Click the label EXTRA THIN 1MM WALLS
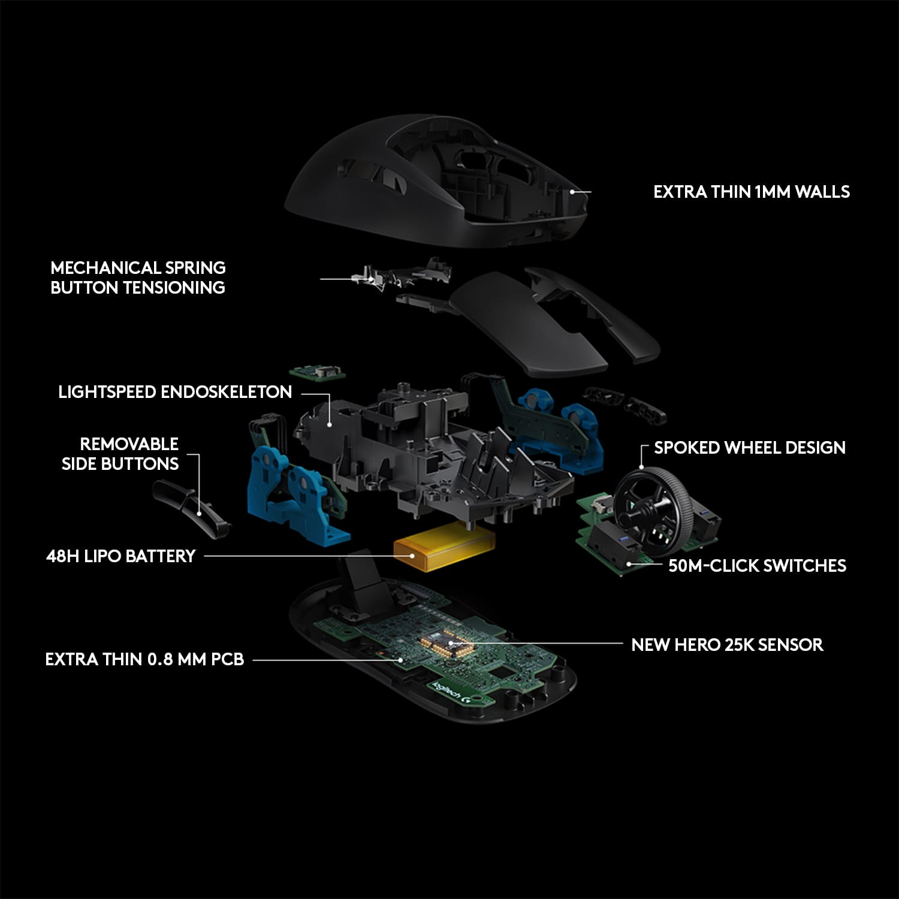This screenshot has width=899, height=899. pyautogui.click(x=751, y=192)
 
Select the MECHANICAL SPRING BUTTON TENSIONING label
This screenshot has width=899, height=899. pyautogui.click(x=138, y=277)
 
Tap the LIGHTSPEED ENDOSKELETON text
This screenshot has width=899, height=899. pyautogui.click(x=175, y=392)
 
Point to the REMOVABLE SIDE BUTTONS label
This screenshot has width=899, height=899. pyautogui.click(x=120, y=454)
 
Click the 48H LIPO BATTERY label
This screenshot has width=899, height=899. pyautogui.click(x=121, y=556)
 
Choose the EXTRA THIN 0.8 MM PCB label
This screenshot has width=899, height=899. pyautogui.click(x=144, y=659)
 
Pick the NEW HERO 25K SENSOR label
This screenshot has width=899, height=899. pyautogui.click(x=727, y=645)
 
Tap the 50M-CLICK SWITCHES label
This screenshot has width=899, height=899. pyautogui.click(x=757, y=566)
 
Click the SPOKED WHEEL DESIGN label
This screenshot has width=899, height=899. pyautogui.click(x=749, y=448)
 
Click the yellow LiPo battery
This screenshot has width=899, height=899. pyautogui.click(x=444, y=546)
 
